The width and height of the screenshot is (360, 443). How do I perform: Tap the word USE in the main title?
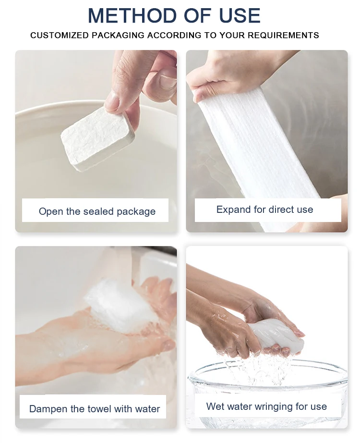pyautogui.click(x=240, y=15)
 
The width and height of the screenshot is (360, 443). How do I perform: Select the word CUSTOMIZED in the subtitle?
pyautogui.click(x=60, y=36)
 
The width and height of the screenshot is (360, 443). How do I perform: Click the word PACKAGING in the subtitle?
pyautogui.click(x=118, y=36)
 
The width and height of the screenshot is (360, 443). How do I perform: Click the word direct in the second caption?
pyautogui.click(x=279, y=209)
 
